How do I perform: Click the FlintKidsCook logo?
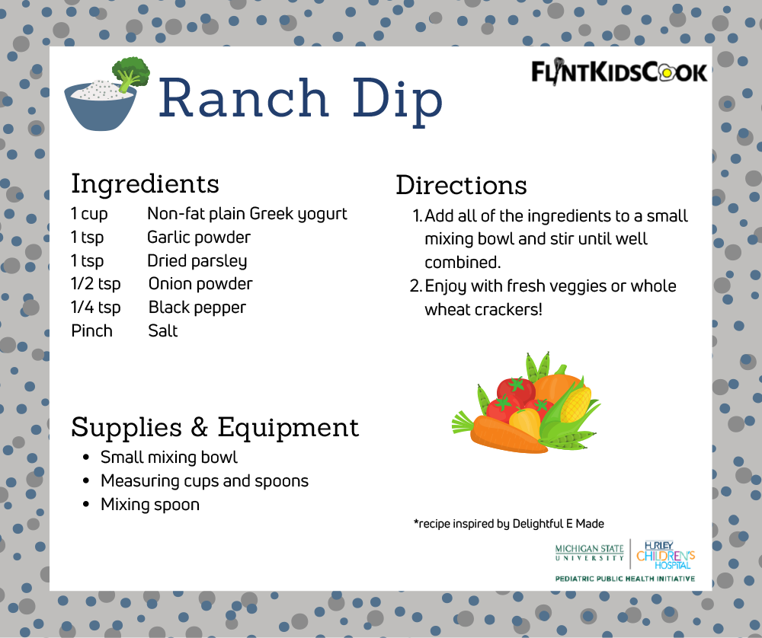pyautogui.click(x=619, y=72)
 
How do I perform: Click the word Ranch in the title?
pyautogui.click(x=243, y=98)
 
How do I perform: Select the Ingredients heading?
pyautogui.click(x=145, y=183)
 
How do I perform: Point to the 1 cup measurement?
pyautogui.click(x=89, y=214)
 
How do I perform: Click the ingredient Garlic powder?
pyautogui.click(x=198, y=238)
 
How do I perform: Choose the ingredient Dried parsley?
pyautogui.click(x=197, y=261)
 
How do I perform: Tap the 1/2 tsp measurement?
pyautogui.click(x=95, y=284)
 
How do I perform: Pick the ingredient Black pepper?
pyautogui.click(x=197, y=308)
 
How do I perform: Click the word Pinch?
pyautogui.click(x=91, y=331)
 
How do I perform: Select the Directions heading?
pyautogui.click(x=461, y=185)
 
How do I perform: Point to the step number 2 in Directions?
pyautogui.click(x=415, y=286)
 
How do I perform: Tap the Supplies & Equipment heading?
pyautogui.click(x=215, y=427)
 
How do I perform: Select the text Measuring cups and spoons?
pyautogui.click(x=204, y=481)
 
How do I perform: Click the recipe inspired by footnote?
pyautogui.click(x=508, y=524)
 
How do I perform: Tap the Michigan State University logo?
pyautogui.click(x=589, y=553)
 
